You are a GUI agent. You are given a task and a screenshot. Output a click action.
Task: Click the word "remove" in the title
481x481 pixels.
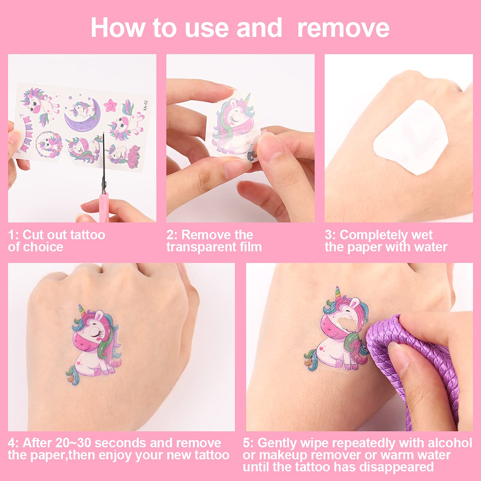[343, 28]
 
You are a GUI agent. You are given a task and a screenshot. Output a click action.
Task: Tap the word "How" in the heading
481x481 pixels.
[117, 28]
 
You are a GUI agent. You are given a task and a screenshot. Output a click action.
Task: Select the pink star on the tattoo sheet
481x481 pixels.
[110, 105]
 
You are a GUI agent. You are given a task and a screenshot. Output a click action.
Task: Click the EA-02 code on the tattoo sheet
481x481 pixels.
[146, 105]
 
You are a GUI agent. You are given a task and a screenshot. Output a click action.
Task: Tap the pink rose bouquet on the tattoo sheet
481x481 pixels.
[134, 156]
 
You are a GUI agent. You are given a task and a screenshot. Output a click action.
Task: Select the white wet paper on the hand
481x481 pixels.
[410, 137]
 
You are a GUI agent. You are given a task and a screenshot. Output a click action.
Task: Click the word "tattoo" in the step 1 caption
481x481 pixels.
[88, 235]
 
